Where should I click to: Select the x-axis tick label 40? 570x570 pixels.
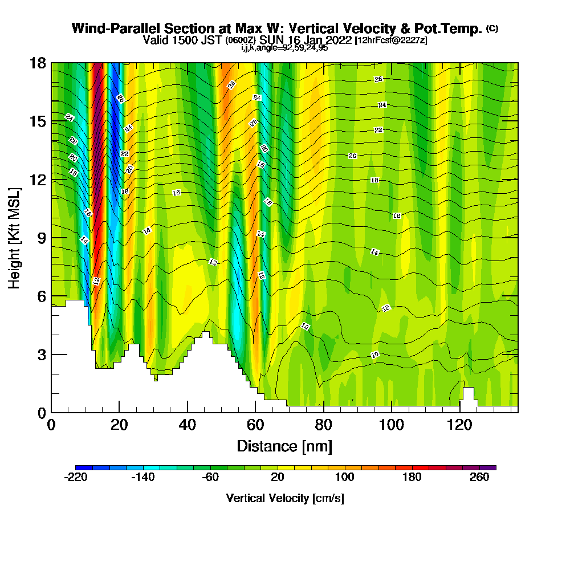tap(188, 425)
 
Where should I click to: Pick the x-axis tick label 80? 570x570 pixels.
tap(324, 425)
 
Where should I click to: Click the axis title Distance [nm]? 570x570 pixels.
tap(284, 446)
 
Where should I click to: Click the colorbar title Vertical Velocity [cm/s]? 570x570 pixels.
tap(285, 498)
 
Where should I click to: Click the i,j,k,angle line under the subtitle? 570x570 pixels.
tap(284, 48)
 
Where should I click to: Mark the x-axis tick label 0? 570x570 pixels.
tap(51, 425)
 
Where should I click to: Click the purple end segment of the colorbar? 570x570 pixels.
tap(491, 467)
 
